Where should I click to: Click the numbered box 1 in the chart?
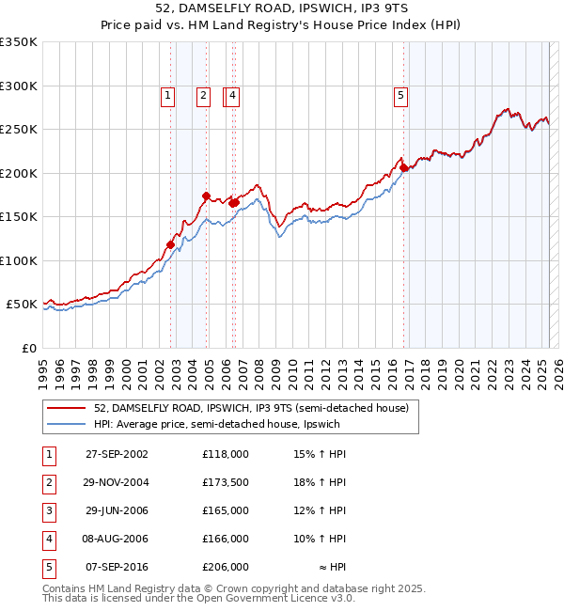pos(167,94)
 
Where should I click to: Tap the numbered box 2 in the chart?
pos(203,94)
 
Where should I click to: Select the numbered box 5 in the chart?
pos(401,94)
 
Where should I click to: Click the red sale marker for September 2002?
pos(171,244)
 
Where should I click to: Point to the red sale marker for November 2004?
pos(206,196)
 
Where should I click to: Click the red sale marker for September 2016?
pos(402,167)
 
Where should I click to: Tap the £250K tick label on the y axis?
pos(19,130)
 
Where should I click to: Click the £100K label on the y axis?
pos(19,260)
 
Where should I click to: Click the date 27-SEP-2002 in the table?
pos(117,454)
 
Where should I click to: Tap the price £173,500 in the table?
pos(225,482)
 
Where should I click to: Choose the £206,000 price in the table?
pos(225,567)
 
